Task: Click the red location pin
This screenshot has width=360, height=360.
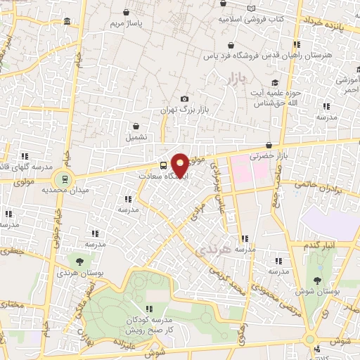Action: coord(180,165)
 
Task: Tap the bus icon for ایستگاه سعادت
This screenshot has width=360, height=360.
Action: coord(164,166)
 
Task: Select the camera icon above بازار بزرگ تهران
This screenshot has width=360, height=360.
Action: coord(185,99)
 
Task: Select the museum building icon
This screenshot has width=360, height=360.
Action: coord(67,22)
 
